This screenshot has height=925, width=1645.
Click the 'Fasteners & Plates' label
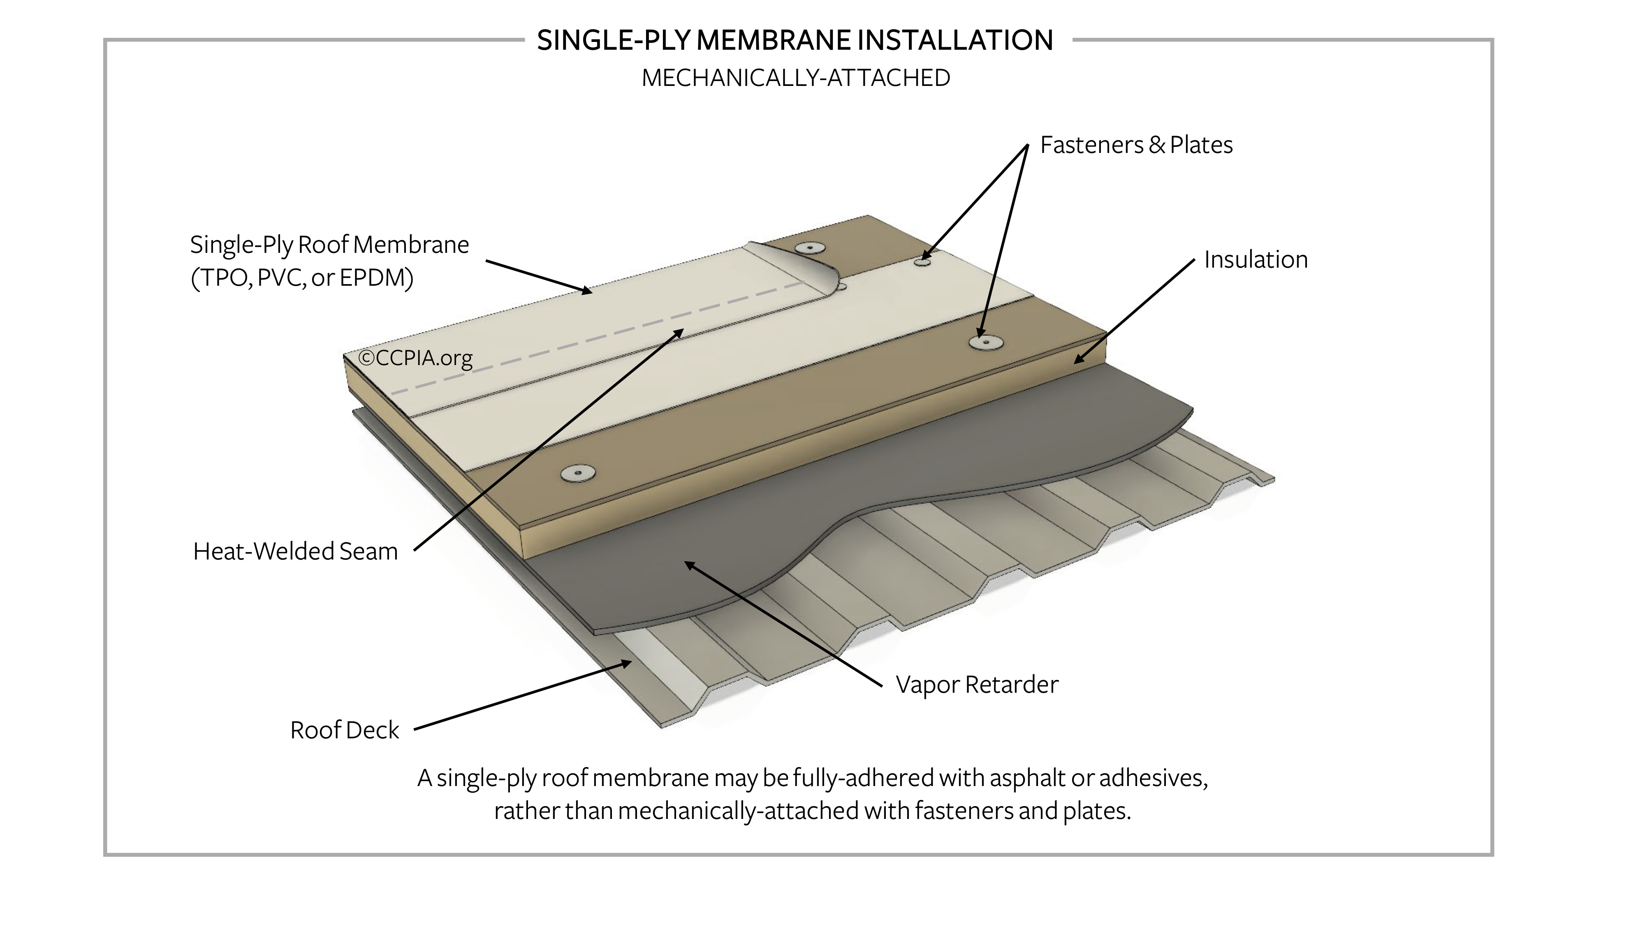(x=1135, y=145)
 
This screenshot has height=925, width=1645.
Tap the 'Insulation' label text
(x=1256, y=260)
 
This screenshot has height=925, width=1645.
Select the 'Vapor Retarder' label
(x=976, y=684)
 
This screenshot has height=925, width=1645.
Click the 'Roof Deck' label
(x=344, y=730)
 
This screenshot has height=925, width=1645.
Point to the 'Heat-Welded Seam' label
(x=295, y=551)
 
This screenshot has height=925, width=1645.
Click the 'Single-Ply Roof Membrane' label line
(x=329, y=245)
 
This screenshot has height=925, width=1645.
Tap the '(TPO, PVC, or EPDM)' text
(x=302, y=277)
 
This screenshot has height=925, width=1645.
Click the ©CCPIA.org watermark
(x=415, y=358)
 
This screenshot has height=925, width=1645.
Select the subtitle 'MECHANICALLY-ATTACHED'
(x=796, y=78)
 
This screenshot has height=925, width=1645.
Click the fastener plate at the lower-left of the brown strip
(x=578, y=473)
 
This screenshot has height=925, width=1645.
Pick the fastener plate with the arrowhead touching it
(x=985, y=342)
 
